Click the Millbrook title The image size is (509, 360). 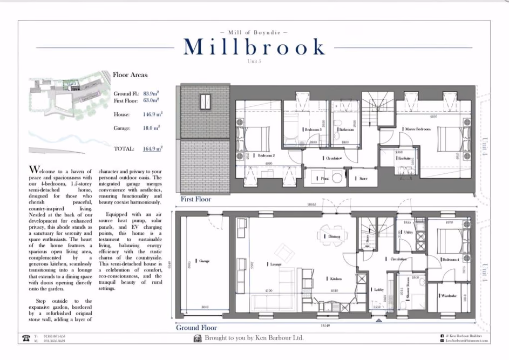[254, 47]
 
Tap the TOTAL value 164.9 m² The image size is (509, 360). [153, 148]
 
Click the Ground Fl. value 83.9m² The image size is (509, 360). [151, 93]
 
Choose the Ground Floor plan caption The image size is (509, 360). [196, 328]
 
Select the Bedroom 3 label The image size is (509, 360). [313, 130]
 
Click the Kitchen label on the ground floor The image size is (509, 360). [336, 279]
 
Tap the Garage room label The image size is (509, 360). [203, 261]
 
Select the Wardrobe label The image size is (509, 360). [448, 296]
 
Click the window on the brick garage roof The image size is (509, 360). [206, 101]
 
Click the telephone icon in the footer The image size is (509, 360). [25, 338]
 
